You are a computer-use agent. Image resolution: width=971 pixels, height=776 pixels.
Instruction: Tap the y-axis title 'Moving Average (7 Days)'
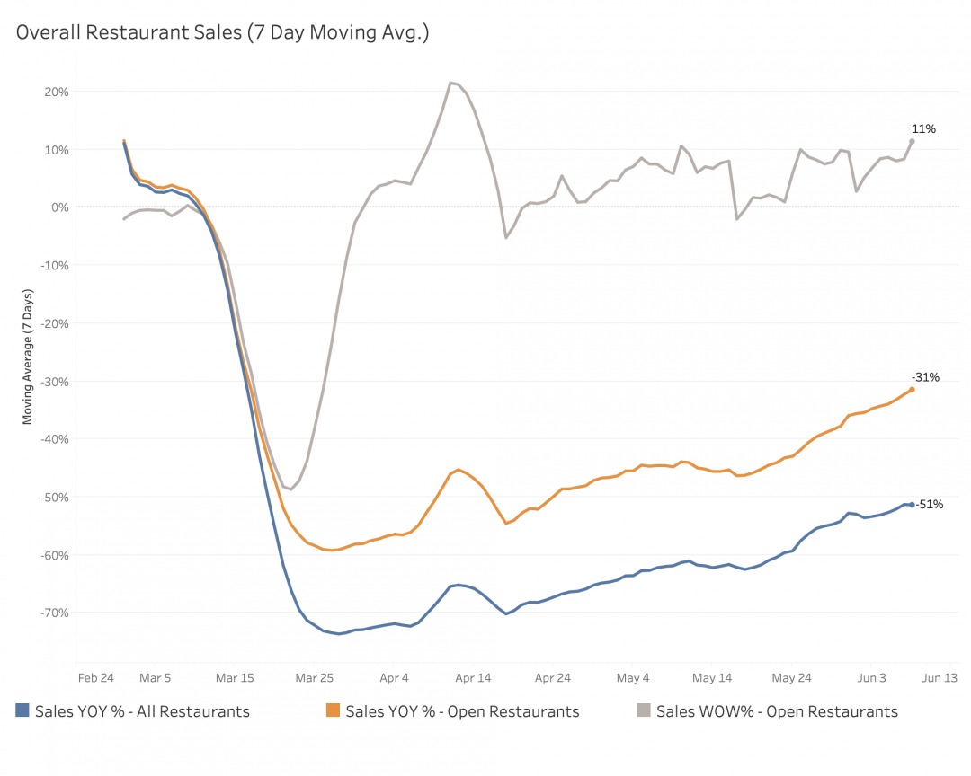coord(27,357)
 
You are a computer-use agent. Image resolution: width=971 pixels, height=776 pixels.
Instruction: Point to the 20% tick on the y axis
coord(57,92)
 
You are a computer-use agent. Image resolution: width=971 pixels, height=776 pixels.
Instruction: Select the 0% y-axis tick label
coord(59,207)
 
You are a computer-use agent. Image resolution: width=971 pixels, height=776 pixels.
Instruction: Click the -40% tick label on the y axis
coord(55,439)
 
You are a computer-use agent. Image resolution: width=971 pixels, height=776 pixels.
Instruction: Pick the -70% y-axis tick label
coord(55,613)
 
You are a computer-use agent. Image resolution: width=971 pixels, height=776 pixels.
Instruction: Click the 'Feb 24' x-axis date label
coord(95,678)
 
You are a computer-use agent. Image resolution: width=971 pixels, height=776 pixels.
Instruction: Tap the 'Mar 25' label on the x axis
coord(315,678)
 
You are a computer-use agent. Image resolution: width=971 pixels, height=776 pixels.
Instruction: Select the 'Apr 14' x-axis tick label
coord(473,678)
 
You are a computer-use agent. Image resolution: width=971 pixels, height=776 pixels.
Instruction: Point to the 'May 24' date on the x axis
coord(791,678)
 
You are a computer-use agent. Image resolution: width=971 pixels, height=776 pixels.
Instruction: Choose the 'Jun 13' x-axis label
coord(940,678)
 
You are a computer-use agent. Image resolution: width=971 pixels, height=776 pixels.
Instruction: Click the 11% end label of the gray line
coord(923,128)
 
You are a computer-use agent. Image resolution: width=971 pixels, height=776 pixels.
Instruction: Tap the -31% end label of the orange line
coord(925,377)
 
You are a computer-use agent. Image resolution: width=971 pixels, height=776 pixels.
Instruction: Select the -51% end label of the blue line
coord(930,505)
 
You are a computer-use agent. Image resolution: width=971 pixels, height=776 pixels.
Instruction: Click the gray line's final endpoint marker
coord(912,141)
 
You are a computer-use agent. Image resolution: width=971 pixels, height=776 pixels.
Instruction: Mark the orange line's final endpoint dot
coord(912,389)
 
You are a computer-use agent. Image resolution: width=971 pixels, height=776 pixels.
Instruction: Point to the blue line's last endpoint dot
coord(912,505)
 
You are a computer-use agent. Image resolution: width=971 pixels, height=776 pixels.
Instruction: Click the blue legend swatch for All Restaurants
coord(23,711)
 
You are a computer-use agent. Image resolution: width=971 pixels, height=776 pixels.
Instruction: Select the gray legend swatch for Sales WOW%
coord(644,711)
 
